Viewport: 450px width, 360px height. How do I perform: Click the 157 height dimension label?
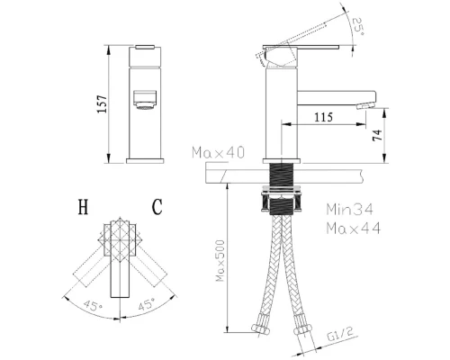103,103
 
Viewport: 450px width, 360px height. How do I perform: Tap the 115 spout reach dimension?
323,117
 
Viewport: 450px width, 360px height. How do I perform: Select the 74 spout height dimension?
378,135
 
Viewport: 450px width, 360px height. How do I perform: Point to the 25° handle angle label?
358,27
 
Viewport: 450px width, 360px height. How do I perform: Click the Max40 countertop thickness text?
218,152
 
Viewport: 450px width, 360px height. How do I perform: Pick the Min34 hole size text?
350,209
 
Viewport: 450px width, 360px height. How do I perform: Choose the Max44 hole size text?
354,228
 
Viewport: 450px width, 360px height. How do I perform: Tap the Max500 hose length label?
220,260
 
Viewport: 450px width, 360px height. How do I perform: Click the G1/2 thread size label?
340,335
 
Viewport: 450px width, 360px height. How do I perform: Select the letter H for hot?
83,207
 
